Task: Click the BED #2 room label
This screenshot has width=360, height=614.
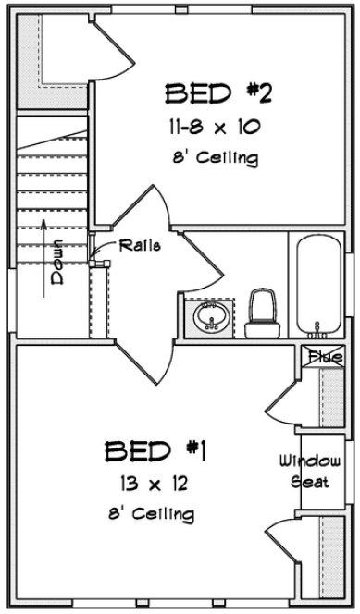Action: pyautogui.click(x=218, y=93)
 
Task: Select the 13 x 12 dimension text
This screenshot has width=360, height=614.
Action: pyautogui.click(x=155, y=483)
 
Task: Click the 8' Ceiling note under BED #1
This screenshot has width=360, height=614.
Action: pyautogui.click(x=154, y=513)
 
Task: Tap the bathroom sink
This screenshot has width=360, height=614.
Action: pyautogui.click(x=212, y=316)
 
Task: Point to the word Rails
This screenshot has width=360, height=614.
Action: pyautogui.click(x=141, y=245)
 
